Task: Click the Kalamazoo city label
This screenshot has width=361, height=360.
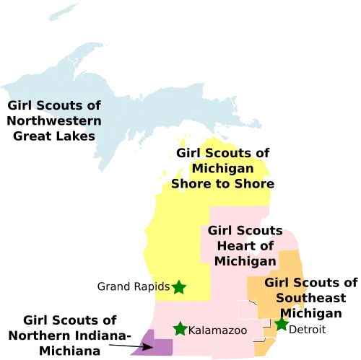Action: (217, 330)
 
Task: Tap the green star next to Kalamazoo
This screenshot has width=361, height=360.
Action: (180, 329)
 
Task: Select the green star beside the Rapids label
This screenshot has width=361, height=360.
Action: (178, 287)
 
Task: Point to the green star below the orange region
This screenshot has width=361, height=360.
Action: (282, 325)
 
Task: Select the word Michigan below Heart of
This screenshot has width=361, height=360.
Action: (245, 260)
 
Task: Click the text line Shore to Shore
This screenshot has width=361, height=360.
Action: (222, 183)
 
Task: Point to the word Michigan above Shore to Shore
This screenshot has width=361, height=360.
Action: (222, 169)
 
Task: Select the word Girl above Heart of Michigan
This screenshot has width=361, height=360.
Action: (221, 231)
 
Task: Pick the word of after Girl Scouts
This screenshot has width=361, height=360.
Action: (93, 105)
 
